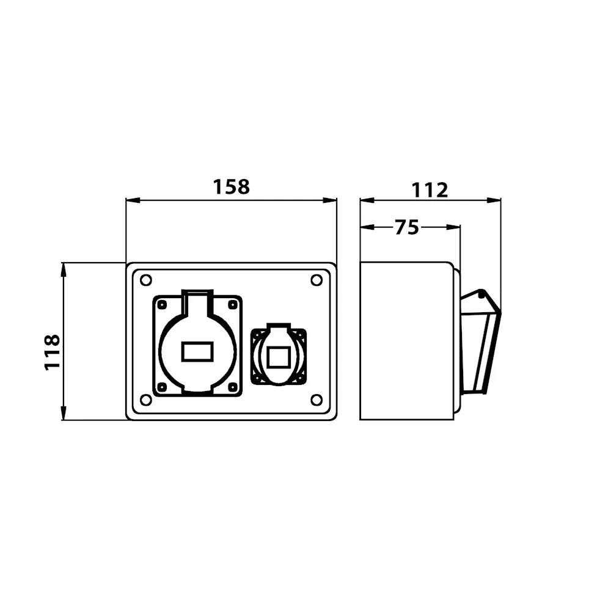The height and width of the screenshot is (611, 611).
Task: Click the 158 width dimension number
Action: [231, 187]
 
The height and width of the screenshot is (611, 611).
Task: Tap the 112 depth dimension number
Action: [430, 190]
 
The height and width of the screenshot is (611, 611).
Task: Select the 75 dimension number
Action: [407, 227]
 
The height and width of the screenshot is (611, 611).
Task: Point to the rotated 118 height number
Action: [52, 352]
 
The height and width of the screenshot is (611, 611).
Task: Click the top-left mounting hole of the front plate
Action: [146, 280]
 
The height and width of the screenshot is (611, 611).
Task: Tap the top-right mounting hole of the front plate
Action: [316, 280]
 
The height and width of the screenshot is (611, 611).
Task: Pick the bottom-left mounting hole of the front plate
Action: [146, 400]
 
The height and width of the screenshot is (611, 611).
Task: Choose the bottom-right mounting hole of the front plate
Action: [316, 400]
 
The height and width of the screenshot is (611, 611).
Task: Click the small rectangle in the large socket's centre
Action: [197, 351]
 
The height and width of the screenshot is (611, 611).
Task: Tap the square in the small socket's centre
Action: [278, 357]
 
